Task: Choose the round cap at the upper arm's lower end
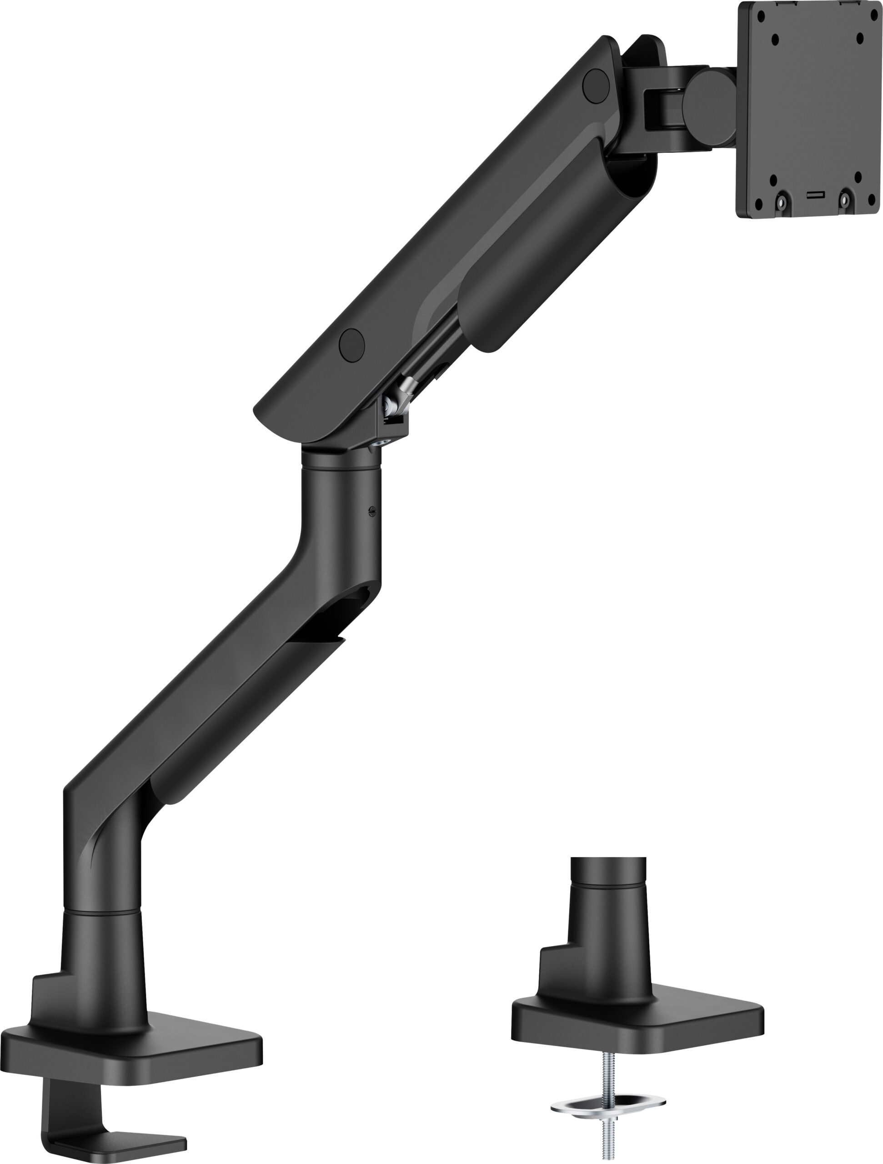(x=351, y=345)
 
